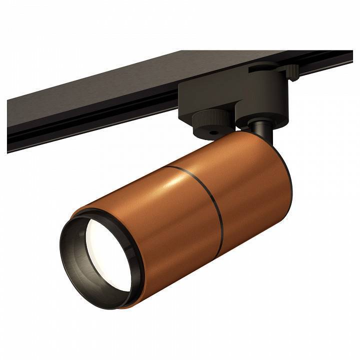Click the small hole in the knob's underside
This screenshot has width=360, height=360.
(x=214, y=133)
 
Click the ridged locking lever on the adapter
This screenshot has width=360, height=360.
(x=291, y=71)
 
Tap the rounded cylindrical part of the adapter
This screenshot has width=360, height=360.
(x=262, y=102)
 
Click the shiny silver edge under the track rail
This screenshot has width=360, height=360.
(x=75, y=137)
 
